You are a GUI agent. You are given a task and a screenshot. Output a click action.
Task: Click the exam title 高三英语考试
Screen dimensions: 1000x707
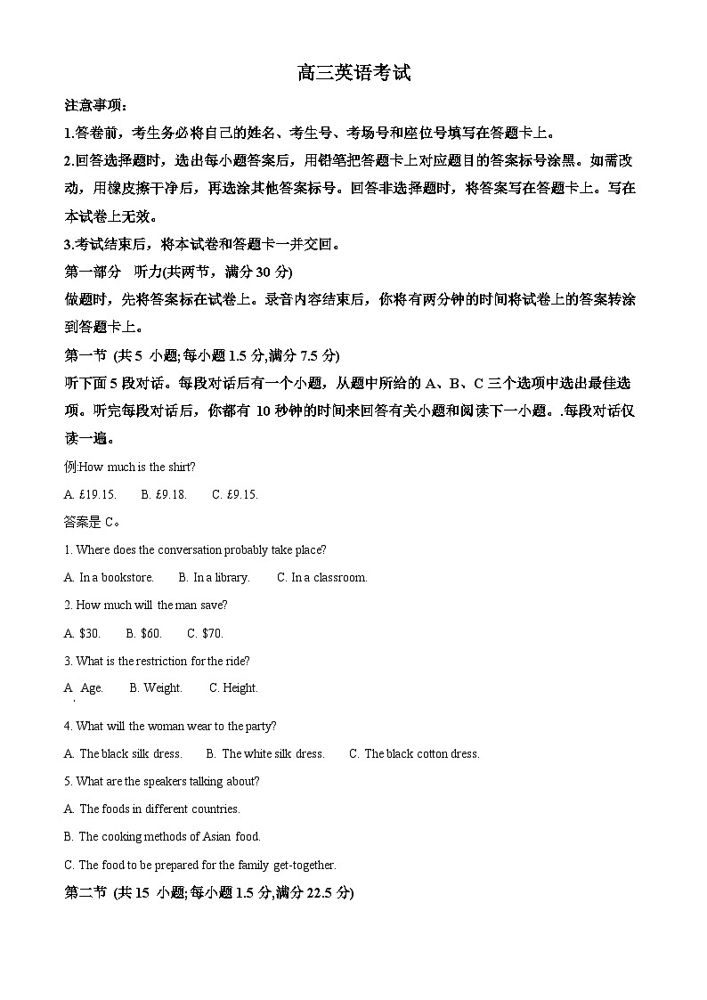click(x=353, y=74)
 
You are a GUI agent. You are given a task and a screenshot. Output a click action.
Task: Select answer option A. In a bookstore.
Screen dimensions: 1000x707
click(x=109, y=577)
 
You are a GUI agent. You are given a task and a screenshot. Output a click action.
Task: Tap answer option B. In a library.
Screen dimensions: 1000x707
click(x=214, y=577)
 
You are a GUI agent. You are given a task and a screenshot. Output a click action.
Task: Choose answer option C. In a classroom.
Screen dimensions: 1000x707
click(x=322, y=577)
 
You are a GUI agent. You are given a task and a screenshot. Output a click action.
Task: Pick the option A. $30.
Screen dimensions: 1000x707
click(x=82, y=633)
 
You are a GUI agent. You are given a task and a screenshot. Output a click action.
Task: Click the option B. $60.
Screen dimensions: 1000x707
click(x=143, y=633)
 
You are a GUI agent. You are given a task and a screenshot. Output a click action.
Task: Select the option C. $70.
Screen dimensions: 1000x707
click(x=205, y=633)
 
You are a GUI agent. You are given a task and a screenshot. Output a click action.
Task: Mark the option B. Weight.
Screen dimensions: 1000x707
click(x=156, y=687)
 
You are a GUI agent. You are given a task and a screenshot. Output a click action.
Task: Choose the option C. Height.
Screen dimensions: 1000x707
click(x=233, y=687)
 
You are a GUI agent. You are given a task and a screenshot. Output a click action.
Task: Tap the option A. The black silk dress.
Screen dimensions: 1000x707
click(x=123, y=753)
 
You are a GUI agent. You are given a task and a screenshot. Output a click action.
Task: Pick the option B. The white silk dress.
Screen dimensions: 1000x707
click(x=265, y=753)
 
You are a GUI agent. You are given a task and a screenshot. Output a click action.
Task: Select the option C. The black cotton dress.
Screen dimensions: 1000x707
click(x=414, y=753)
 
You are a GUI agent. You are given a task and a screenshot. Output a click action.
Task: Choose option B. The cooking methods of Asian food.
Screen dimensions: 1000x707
click(x=162, y=836)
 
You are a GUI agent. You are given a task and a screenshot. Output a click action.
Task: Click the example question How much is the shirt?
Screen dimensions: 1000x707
click(x=130, y=467)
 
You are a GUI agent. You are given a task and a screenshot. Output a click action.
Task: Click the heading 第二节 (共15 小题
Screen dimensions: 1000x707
click(x=209, y=892)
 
